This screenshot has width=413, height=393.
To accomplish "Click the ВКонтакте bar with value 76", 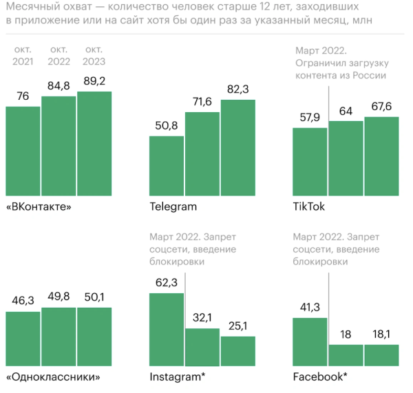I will [x=23, y=151].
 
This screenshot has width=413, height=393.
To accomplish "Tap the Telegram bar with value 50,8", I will [x=167, y=165].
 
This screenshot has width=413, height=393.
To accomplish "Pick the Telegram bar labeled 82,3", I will [x=238, y=147].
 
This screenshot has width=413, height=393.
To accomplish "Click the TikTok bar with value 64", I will [x=346, y=158].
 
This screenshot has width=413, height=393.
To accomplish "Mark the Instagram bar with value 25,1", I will [x=238, y=350].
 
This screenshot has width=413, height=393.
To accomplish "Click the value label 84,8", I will [x=59, y=87].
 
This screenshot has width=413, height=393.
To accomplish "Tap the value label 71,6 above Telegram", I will [x=202, y=103].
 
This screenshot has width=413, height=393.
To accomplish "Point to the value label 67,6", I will [x=381, y=108].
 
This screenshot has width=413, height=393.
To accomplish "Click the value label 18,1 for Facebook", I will [x=381, y=335].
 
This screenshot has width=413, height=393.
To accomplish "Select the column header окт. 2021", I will [x=23, y=56].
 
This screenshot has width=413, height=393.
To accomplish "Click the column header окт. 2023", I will [x=94, y=56].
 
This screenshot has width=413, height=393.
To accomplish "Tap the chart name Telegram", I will [x=173, y=206].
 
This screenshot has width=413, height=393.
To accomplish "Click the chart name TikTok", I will [x=308, y=206].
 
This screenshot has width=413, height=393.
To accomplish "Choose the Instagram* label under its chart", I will [x=177, y=377].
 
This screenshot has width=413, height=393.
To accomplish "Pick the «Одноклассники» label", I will [x=52, y=377].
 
